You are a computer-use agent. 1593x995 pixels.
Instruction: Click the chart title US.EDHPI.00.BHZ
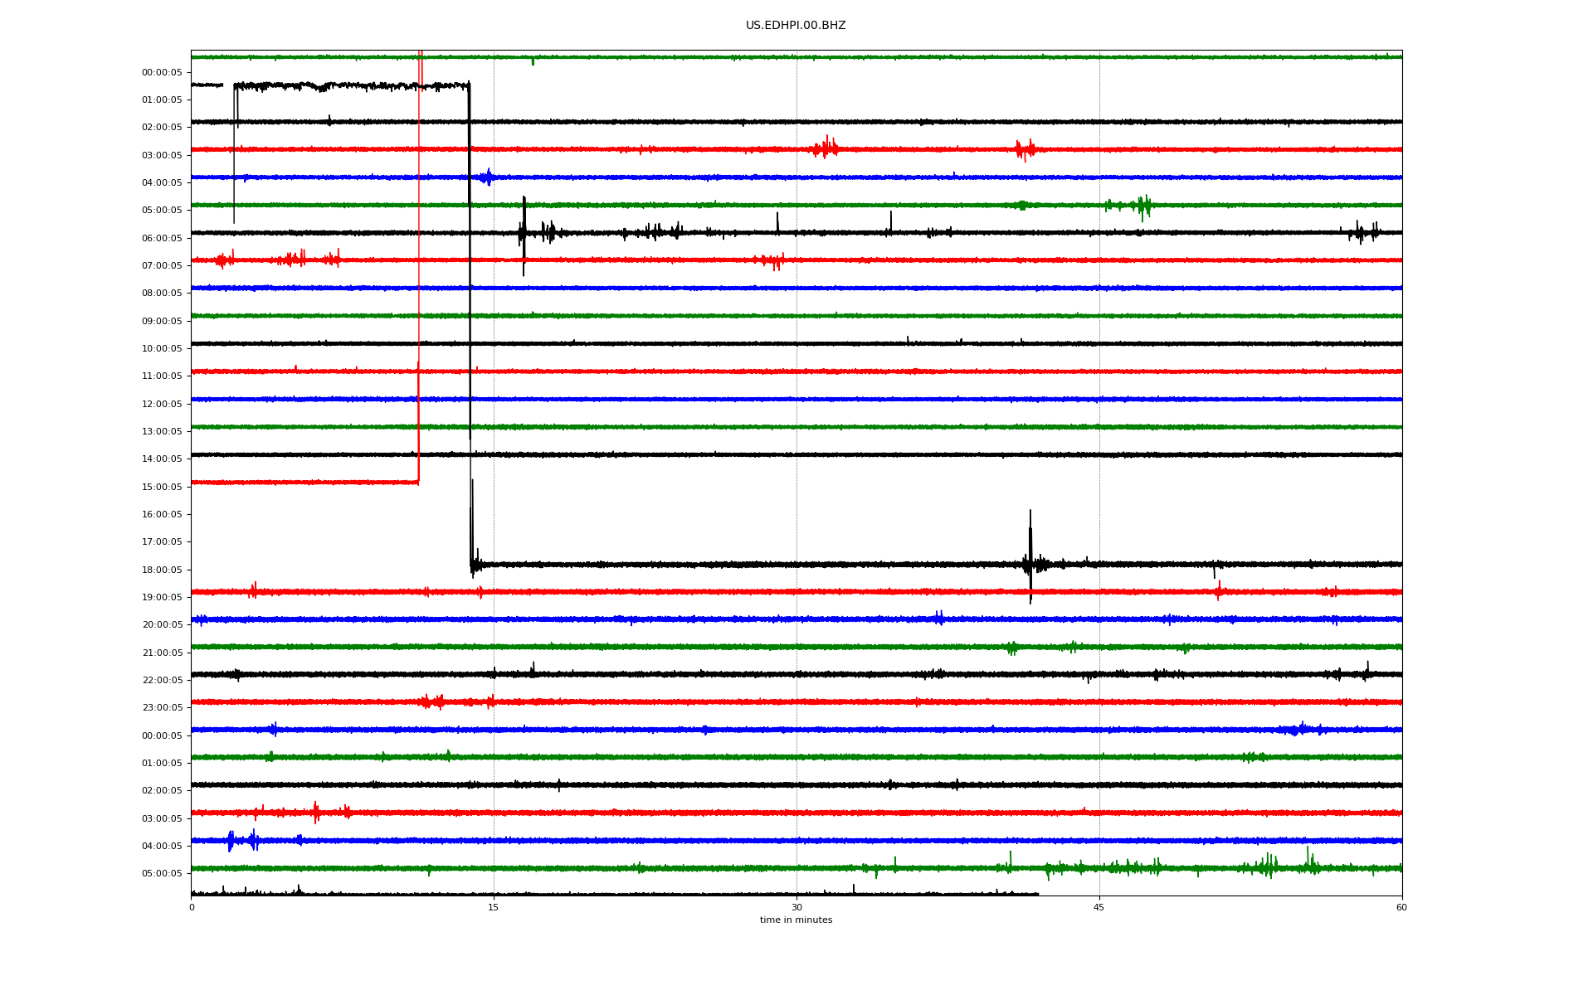pos(796,26)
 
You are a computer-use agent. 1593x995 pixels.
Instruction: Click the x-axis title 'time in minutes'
pos(796,920)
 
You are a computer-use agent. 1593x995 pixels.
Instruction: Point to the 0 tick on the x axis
pos(192,907)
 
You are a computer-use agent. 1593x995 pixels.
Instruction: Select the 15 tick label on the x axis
pos(494,907)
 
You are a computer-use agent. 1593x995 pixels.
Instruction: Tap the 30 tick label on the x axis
pos(796,907)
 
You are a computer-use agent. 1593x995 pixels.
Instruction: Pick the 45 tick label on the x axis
pos(1099,907)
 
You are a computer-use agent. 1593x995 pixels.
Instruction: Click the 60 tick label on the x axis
pos(1401,907)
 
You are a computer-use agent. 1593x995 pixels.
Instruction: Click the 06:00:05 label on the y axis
pos(162,238)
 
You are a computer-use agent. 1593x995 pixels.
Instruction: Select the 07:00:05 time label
pos(162,265)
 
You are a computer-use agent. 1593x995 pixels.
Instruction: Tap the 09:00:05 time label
pos(162,321)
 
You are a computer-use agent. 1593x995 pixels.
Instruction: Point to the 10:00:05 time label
pos(162,348)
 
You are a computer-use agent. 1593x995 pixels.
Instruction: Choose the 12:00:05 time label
pos(162,404)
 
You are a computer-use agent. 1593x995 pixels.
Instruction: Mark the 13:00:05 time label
pos(162,431)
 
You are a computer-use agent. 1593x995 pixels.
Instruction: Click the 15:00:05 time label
pos(162,487)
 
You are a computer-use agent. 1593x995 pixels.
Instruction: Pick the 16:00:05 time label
pos(162,514)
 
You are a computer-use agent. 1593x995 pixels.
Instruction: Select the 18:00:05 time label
pos(162,570)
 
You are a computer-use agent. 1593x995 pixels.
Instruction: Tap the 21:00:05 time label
pos(162,653)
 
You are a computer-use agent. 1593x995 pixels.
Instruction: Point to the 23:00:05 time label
pos(162,707)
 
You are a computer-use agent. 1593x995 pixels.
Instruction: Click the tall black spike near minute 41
pos(1030,556)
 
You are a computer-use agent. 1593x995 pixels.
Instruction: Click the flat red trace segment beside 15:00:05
pos(304,482)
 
